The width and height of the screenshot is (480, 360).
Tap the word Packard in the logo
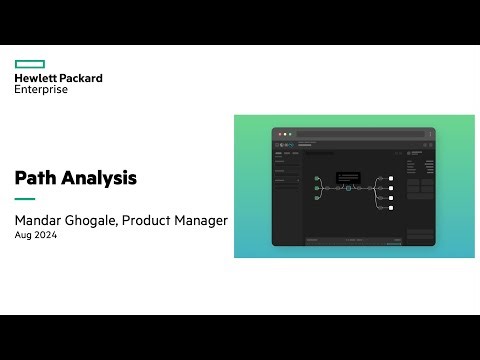(x=81, y=77)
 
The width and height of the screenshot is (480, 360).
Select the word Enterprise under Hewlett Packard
(x=41, y=89)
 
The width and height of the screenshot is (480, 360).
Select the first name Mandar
(x=41, y=220)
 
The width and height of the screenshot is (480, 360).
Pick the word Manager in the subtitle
(x=203, y=220)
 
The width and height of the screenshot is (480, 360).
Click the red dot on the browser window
(x=279, y=133)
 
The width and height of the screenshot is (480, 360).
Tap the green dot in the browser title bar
(x=290, y=133)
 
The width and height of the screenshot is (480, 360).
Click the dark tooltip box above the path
(x=348, y=176)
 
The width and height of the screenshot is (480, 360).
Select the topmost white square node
(x=391, y=178)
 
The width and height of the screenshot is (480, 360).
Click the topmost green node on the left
(x=317, y=178)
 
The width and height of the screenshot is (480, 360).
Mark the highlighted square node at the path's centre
(x=348, y=188)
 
